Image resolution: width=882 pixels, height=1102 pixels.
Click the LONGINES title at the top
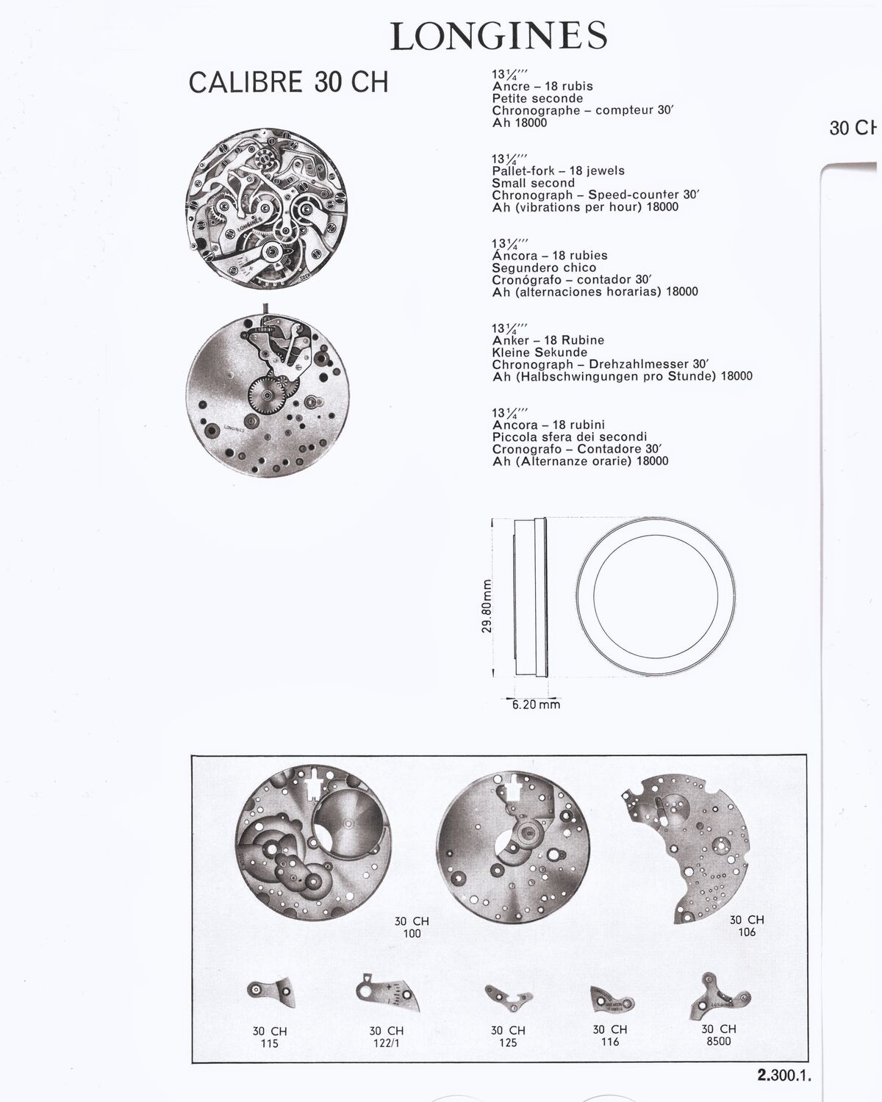click(x=498, y=36)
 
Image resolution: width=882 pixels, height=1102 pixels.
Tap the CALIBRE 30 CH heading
click(x=289, y=82)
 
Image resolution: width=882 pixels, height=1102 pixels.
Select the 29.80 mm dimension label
click(x=487, y=606)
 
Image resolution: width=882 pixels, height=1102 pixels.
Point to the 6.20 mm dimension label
click(x=536, y=705)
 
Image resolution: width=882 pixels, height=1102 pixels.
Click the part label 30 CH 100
click(x=412, y=927)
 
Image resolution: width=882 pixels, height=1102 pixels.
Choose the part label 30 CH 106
click(x=747, y=926)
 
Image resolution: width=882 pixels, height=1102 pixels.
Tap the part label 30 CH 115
click(x=270, y=1037)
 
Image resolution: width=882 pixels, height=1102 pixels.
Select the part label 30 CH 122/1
click(x=387, y=1037)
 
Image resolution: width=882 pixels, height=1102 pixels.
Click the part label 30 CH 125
click(x=508, y=1037)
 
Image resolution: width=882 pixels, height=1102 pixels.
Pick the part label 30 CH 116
click(x=610, y=1035)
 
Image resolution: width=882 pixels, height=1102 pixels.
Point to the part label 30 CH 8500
click(x=719, y=1035)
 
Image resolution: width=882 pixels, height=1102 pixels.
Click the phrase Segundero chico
click(x=544, y=268)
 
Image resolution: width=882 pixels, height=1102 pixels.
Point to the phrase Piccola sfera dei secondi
click(x=570, y=437)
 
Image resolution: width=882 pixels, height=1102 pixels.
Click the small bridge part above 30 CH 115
click(x=271, y=992)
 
